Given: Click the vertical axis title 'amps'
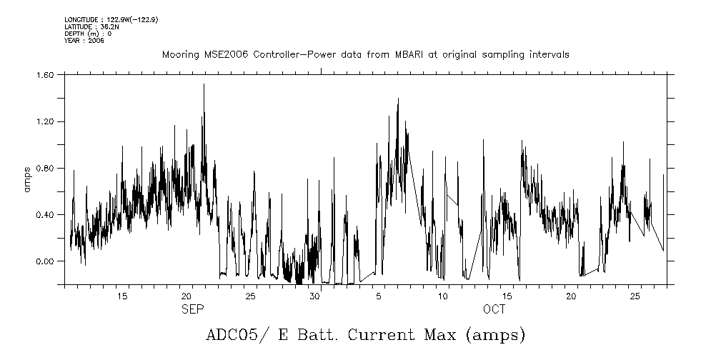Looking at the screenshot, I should (x=26, y=179).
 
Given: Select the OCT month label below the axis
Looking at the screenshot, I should (x=494, y=309).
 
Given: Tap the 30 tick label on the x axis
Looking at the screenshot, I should (x=314, y=296).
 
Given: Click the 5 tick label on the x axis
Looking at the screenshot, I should (x=379, y=296).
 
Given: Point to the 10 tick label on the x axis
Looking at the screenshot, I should (x=443, y=296).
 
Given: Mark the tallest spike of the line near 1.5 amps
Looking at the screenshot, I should (x=204, y=85).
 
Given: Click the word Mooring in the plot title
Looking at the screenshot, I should (x=178, y=55).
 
